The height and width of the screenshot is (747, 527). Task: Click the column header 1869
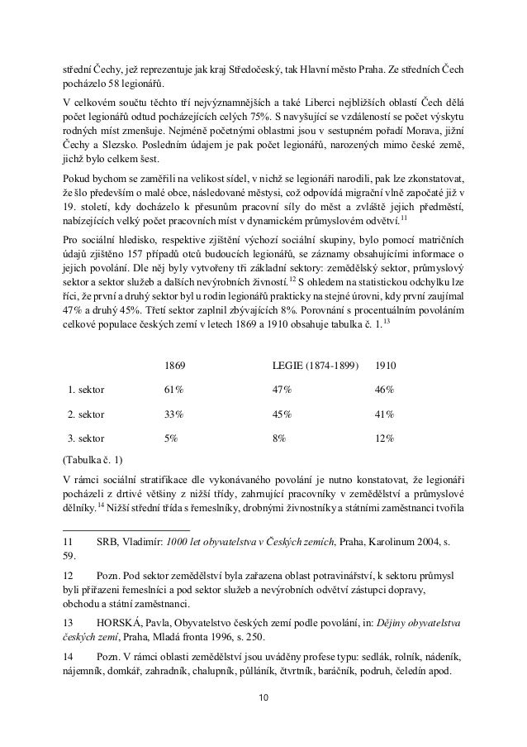(x=175, y=365)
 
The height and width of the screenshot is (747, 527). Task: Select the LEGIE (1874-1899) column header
(x=316, y=365)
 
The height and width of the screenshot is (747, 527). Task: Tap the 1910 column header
(x=385, y=365)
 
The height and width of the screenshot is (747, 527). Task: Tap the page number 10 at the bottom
(x=263, y=702)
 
